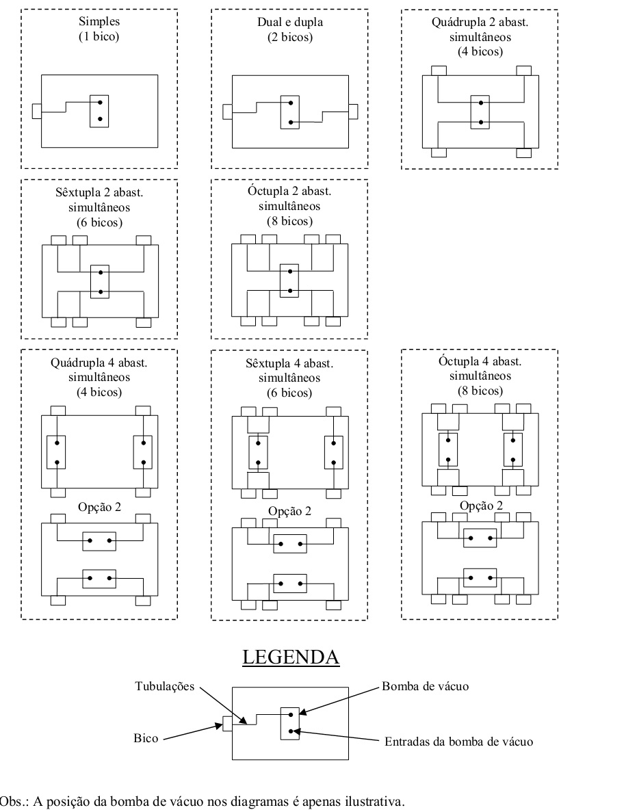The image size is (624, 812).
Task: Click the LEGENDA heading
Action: click(291, 657)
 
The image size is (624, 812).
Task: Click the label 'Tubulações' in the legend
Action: click(165, 687)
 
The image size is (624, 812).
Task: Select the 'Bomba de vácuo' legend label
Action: click(425, 686)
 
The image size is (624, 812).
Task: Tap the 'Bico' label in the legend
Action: click(146, 738)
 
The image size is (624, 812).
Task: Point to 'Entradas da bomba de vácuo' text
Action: click(459, 742)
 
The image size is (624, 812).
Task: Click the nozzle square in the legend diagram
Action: click(227, 724)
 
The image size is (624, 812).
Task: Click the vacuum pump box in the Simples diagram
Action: click(99, 111)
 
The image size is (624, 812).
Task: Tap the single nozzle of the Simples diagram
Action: click(37, 111)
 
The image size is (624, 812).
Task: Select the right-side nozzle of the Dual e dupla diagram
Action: click(352, 112)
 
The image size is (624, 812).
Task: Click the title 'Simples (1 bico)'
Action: click(99, 29)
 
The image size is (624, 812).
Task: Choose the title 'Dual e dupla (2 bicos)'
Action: click(290, 29)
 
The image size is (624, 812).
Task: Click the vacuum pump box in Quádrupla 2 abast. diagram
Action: click(480, 112)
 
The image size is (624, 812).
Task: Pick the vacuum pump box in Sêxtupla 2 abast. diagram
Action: click(100, 282)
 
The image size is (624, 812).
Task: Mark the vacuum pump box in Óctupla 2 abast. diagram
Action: click(289, 280)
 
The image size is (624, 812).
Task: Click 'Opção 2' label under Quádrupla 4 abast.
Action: click(99, 506)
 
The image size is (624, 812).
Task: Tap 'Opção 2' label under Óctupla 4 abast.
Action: click(481, 506)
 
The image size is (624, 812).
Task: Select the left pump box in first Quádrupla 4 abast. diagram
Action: click(56, 452)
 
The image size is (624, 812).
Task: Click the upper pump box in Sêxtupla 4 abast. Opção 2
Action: click(290, 544)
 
